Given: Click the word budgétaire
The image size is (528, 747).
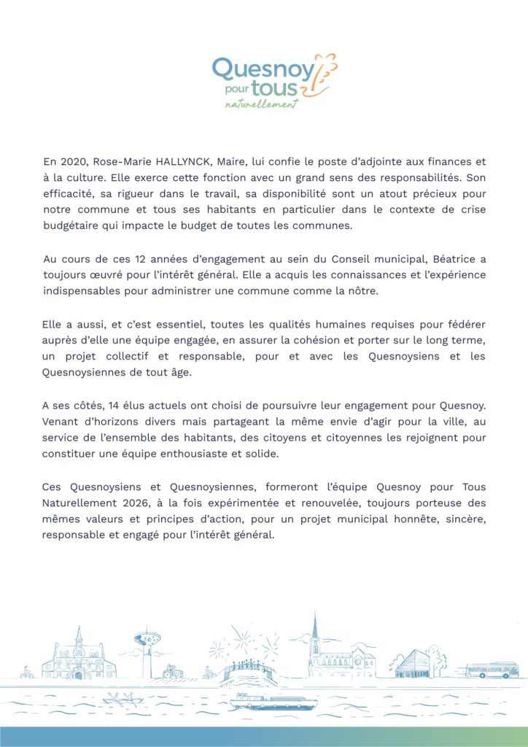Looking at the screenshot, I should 72,225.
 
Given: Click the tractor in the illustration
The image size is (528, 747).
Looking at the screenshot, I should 173,672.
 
